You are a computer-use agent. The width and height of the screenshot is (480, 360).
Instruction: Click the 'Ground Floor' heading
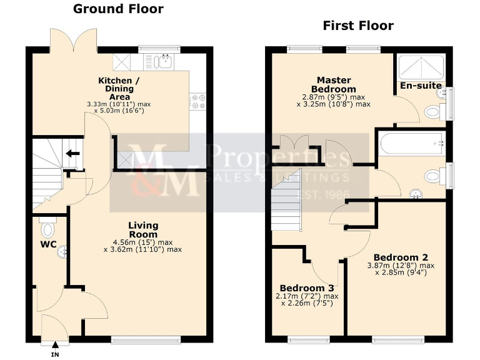click(x=118, y=9)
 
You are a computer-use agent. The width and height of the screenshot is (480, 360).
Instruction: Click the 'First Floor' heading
click(x=357, y=26)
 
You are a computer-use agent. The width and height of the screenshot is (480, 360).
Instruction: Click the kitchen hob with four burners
click(x=199, y=101)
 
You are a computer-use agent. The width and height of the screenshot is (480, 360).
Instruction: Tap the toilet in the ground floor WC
click(x=47, y=225)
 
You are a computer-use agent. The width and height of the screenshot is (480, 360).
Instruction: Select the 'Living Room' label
click(x=143, y=229)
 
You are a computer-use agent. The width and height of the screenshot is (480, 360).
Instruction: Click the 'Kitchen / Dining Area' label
click(x=115, y=88)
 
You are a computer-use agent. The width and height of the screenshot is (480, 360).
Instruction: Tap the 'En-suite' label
click(x=421, y=85)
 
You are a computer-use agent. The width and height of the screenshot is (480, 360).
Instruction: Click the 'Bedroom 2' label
click(x=400, y=257)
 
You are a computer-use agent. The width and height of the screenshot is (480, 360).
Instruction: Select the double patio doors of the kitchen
click(x=74, y=40)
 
